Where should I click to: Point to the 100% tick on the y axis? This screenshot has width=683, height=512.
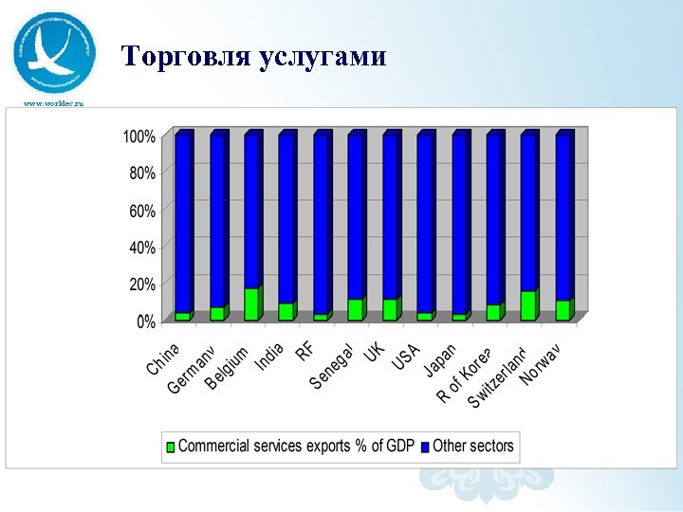pyautogui.click(x=138, y=137)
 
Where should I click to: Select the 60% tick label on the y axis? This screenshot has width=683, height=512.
pyautogui.click(x=141, y=210)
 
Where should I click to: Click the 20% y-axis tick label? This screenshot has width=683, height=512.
pyautogui.click(x=141, y=284)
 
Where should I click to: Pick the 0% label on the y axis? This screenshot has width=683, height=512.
pyautogui.click(x=145, y=321)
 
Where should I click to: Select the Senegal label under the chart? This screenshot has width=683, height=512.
pyautogui.click(x=331, y=367)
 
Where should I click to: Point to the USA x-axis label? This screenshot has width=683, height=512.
pyautogui.click(x=406, y=359)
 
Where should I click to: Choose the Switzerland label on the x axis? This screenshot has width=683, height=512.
pyautogui.click(x=496, y=377)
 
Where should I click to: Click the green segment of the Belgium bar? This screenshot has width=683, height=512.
pyautogui.click(x=251, y=304)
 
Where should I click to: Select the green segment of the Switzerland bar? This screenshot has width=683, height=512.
pyautogui.click(x=528, y=305)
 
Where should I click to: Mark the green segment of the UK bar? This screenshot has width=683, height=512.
pyautogui.click(x=390, y=310)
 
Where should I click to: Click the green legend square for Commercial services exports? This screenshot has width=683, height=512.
pyautogui.click(x=171, y=447)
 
